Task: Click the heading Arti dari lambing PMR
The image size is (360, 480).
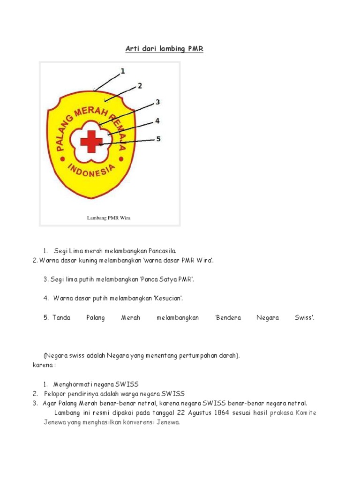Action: tap(164, 49)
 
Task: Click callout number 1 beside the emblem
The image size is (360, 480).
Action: tap(123, 71)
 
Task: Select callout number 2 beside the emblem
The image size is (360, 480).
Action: tap(139, 86)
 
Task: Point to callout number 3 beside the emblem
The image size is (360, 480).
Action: tap(158, 102)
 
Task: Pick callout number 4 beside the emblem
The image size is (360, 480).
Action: tap(157, 120)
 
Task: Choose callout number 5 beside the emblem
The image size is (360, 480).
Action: tap(158, 139)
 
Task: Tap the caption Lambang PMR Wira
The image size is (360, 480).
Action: tap(109, 218)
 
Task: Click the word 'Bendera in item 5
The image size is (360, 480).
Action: tap(228, 318)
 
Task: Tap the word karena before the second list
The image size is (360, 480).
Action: tap(42, 365)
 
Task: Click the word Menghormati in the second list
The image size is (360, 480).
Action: tap(73, 384)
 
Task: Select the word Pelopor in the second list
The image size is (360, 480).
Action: tap(55, 394)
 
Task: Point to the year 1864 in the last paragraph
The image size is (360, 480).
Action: tap(224, 413)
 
